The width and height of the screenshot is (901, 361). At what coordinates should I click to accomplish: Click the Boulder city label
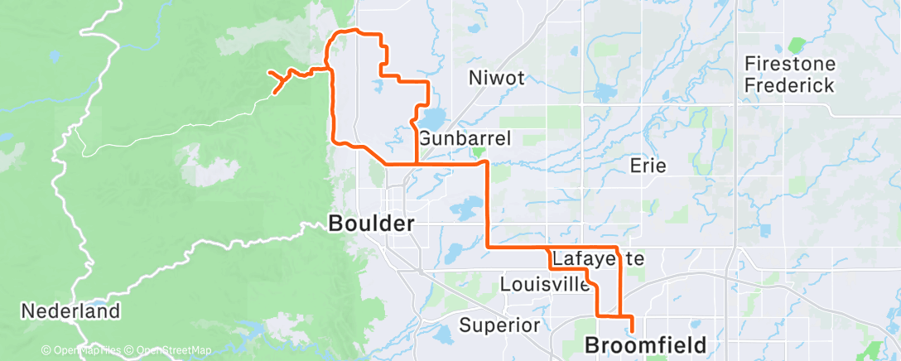(x=371, y=224)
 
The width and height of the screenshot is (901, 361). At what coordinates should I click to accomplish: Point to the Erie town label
(x=648, y=166)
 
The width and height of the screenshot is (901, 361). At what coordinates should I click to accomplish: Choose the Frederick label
(x=788, y=84)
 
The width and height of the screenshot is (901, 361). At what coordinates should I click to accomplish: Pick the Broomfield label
(x=646, y=344)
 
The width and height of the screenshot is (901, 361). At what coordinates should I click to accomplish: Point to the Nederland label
(x=70, y=312)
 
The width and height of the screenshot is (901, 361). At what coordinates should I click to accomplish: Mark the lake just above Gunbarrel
(x=432, y=117)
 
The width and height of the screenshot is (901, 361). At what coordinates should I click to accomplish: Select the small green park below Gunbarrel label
(x=477, y=152)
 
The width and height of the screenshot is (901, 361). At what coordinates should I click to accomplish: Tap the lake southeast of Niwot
(x=602, y=91)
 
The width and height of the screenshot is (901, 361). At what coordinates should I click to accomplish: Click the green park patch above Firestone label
(x=797, y=45)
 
